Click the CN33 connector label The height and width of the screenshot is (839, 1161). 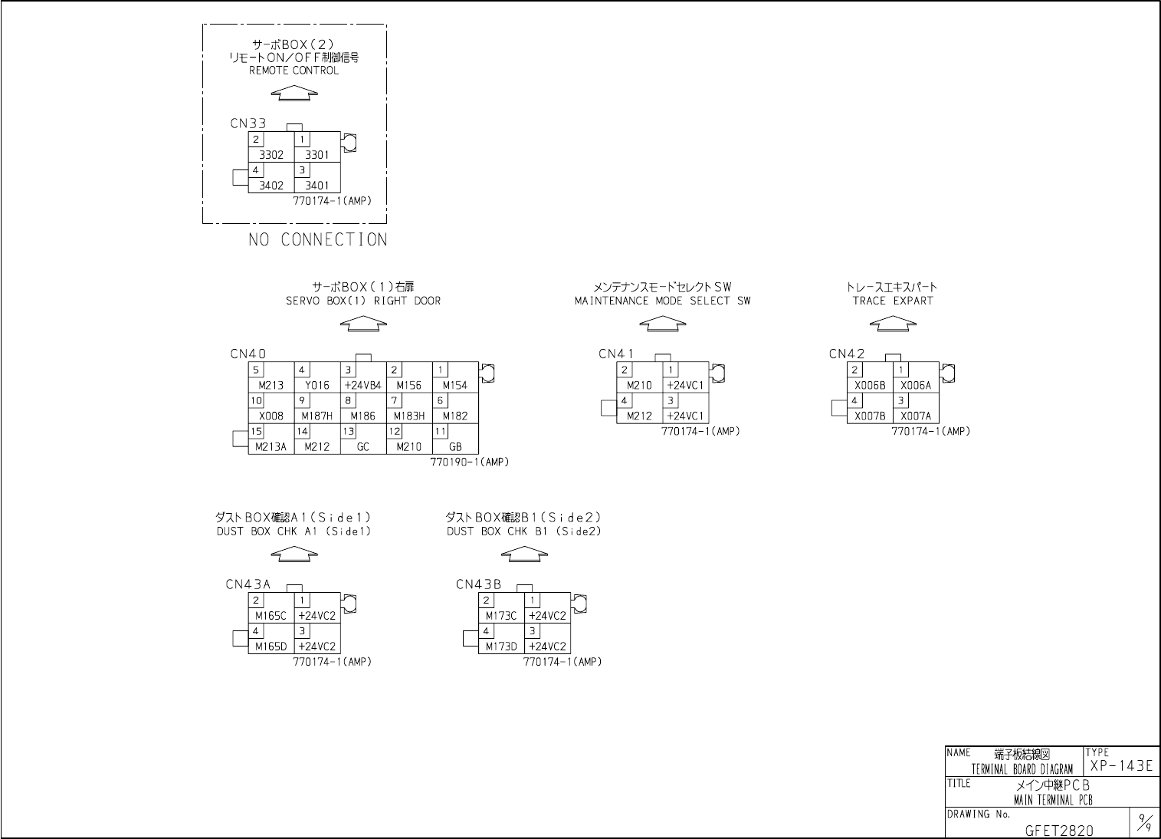click(x=248, y=123)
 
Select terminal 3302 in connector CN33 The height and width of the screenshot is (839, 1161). click(x=271, y=155)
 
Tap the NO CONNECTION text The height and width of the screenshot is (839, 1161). click(x=317, y=240)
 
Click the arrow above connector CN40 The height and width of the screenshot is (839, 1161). click(x=363, y=324)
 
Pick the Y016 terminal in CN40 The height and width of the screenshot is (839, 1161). click(x=317, y=386)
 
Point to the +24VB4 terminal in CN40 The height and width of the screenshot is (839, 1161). click(x=363, y=386)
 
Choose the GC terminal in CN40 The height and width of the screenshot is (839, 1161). click(x=363, y=447)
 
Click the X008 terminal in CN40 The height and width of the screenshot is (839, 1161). click(x=271, y=416)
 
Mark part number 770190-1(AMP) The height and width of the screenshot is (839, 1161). click(x=470, y=462)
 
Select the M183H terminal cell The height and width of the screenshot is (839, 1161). click(x=409, y=416)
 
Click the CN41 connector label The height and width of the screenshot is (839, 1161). click(x=616, y=354)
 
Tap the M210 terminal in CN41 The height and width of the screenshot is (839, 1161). click(x=639, y=386)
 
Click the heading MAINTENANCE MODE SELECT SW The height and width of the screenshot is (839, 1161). click(x=662, y=301)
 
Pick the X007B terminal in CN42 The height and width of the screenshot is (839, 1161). click(x=870, y=416)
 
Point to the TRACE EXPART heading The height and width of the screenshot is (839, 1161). click(x=893, y=301)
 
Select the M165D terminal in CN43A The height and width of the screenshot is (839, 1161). click(x=271, y=647)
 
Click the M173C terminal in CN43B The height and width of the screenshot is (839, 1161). click(x=501, y=616)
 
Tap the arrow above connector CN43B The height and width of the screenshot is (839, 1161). click(x=524, y=554)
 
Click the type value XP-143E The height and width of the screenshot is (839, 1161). click(x=1120, y=766)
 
